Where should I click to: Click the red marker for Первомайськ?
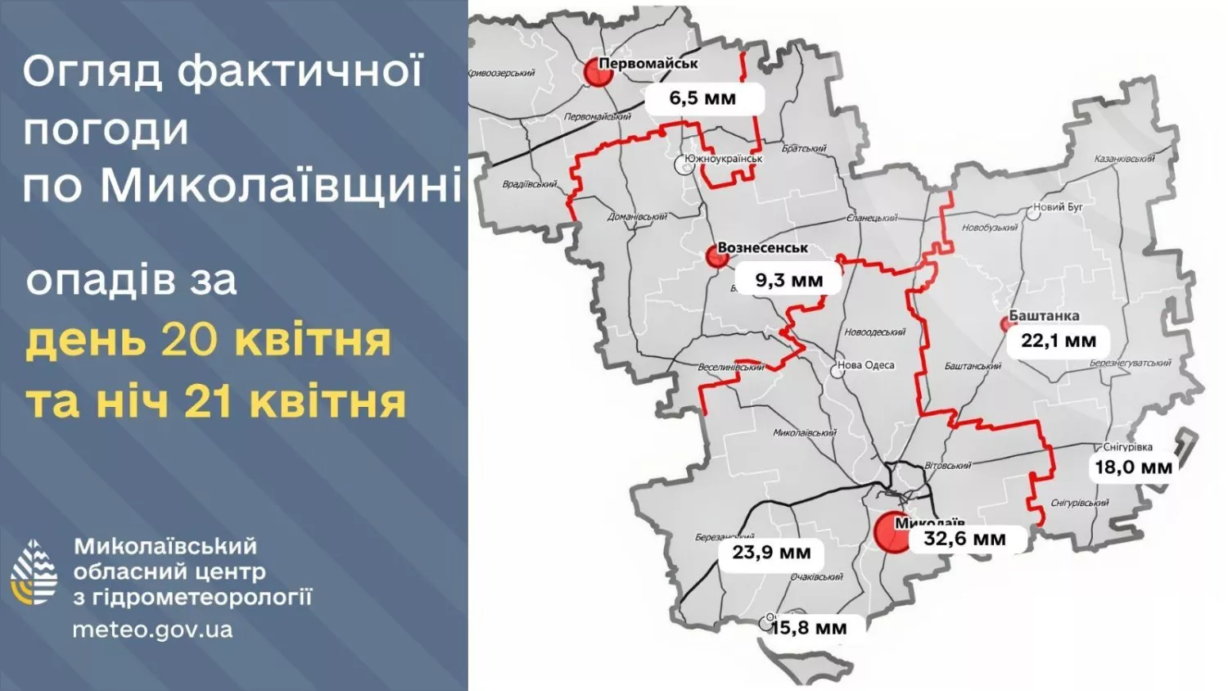tap(598, 72)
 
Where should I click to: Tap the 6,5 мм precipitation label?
tap(703, 98)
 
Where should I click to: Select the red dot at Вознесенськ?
tap(717, 257)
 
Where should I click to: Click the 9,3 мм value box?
tap(788, 280)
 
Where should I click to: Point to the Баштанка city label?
tap(1044, 315)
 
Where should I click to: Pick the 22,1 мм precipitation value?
tap(1058, 341)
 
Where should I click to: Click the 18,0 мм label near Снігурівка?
tap(1133, 467)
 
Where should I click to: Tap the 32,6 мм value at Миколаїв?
tap(964, 539)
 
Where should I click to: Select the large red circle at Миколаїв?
tap(892, 532)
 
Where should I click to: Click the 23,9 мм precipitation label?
tap(771, 553)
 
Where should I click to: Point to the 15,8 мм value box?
tap(808, 628)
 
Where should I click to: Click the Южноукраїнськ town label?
tap(724, 159)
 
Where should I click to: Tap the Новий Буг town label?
tap(1058, 207)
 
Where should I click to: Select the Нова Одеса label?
tap(865, 365)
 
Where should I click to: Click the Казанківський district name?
tap(1124, 159)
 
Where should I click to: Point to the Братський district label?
tap(804, 148)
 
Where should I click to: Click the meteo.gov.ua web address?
tap(152, 630)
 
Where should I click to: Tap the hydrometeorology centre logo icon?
tap(34, 572)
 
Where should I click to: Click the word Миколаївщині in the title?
tap(280, 185)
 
